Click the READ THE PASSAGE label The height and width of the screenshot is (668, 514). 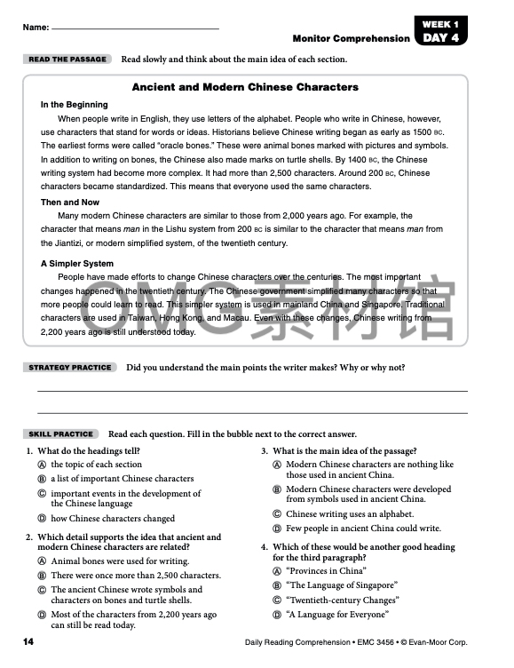click(x=67, y=60)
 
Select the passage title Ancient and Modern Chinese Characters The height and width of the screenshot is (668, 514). click(x=245, y=87)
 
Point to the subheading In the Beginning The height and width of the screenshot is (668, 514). click(x=75, y=104)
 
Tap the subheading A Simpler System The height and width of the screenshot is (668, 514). click(x=77, y=263)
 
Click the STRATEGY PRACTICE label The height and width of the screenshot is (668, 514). click(x=70, y=367)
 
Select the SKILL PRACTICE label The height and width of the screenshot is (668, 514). click(x=61, y=434)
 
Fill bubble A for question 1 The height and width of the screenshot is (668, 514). click(x=42, y=465)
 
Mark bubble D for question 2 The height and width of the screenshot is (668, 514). click(x=42, y=615)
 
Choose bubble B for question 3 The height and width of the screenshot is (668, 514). click(x=277, y=489)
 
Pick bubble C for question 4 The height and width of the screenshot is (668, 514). click(x=277, y=600)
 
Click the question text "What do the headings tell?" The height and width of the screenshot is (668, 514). click(x=96, y=451)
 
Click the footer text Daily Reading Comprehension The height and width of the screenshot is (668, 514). click(x=301, y=641)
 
